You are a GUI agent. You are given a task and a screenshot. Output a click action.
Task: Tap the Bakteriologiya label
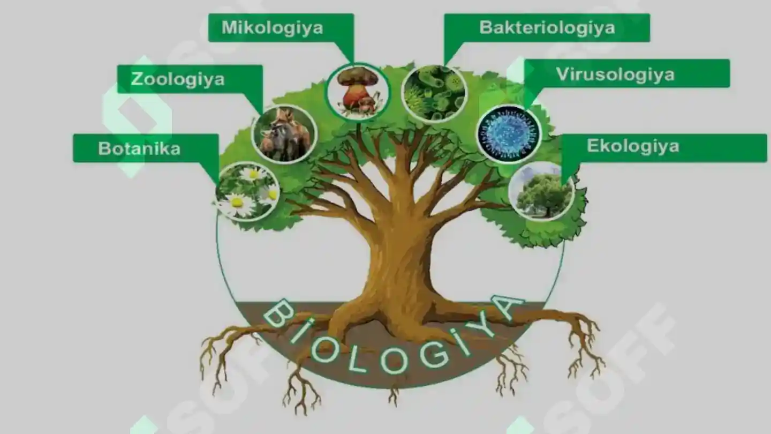click(x=547, y=28)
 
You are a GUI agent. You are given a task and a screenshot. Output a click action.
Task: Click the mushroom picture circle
click(x=358, y=92)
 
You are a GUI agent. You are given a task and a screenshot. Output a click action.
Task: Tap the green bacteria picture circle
click(x=434, y=94)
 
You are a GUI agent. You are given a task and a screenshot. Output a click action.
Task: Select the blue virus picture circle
click(x=509, y=133)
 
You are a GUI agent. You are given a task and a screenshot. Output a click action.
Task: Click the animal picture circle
click(x=284, y=134)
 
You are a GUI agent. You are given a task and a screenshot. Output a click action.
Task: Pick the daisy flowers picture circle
click(x=247, y=191)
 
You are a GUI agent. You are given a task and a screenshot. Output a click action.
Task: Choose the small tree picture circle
click(x=542, y=191)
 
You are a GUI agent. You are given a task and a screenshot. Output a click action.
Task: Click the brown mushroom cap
click(x=358, y=77)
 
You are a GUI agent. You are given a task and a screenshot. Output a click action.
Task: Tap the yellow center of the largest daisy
click(x=237, y=202)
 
